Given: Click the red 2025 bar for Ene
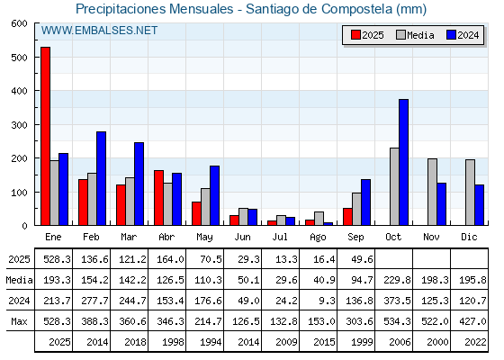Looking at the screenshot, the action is (45, 136).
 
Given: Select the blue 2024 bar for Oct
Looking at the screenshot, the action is (404, 162).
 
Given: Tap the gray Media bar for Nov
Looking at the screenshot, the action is (432, 192).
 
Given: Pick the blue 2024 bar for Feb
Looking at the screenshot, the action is (101, 178).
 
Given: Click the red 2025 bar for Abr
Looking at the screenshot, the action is (158, 198).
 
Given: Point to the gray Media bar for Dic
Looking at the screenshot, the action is (470, 193).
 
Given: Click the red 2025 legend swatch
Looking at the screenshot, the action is (355, 35).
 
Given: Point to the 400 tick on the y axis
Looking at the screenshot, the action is (19, 91).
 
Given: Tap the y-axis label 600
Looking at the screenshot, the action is (19, 23).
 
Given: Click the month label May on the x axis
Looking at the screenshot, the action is (204, 238).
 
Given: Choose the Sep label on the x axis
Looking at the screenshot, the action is (355, 238).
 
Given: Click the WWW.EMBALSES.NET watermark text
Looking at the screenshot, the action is (99, 31).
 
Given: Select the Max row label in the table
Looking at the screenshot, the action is (19, 321).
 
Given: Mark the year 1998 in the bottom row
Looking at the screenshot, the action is (173, 342).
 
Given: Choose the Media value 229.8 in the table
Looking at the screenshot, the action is (397, 280).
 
